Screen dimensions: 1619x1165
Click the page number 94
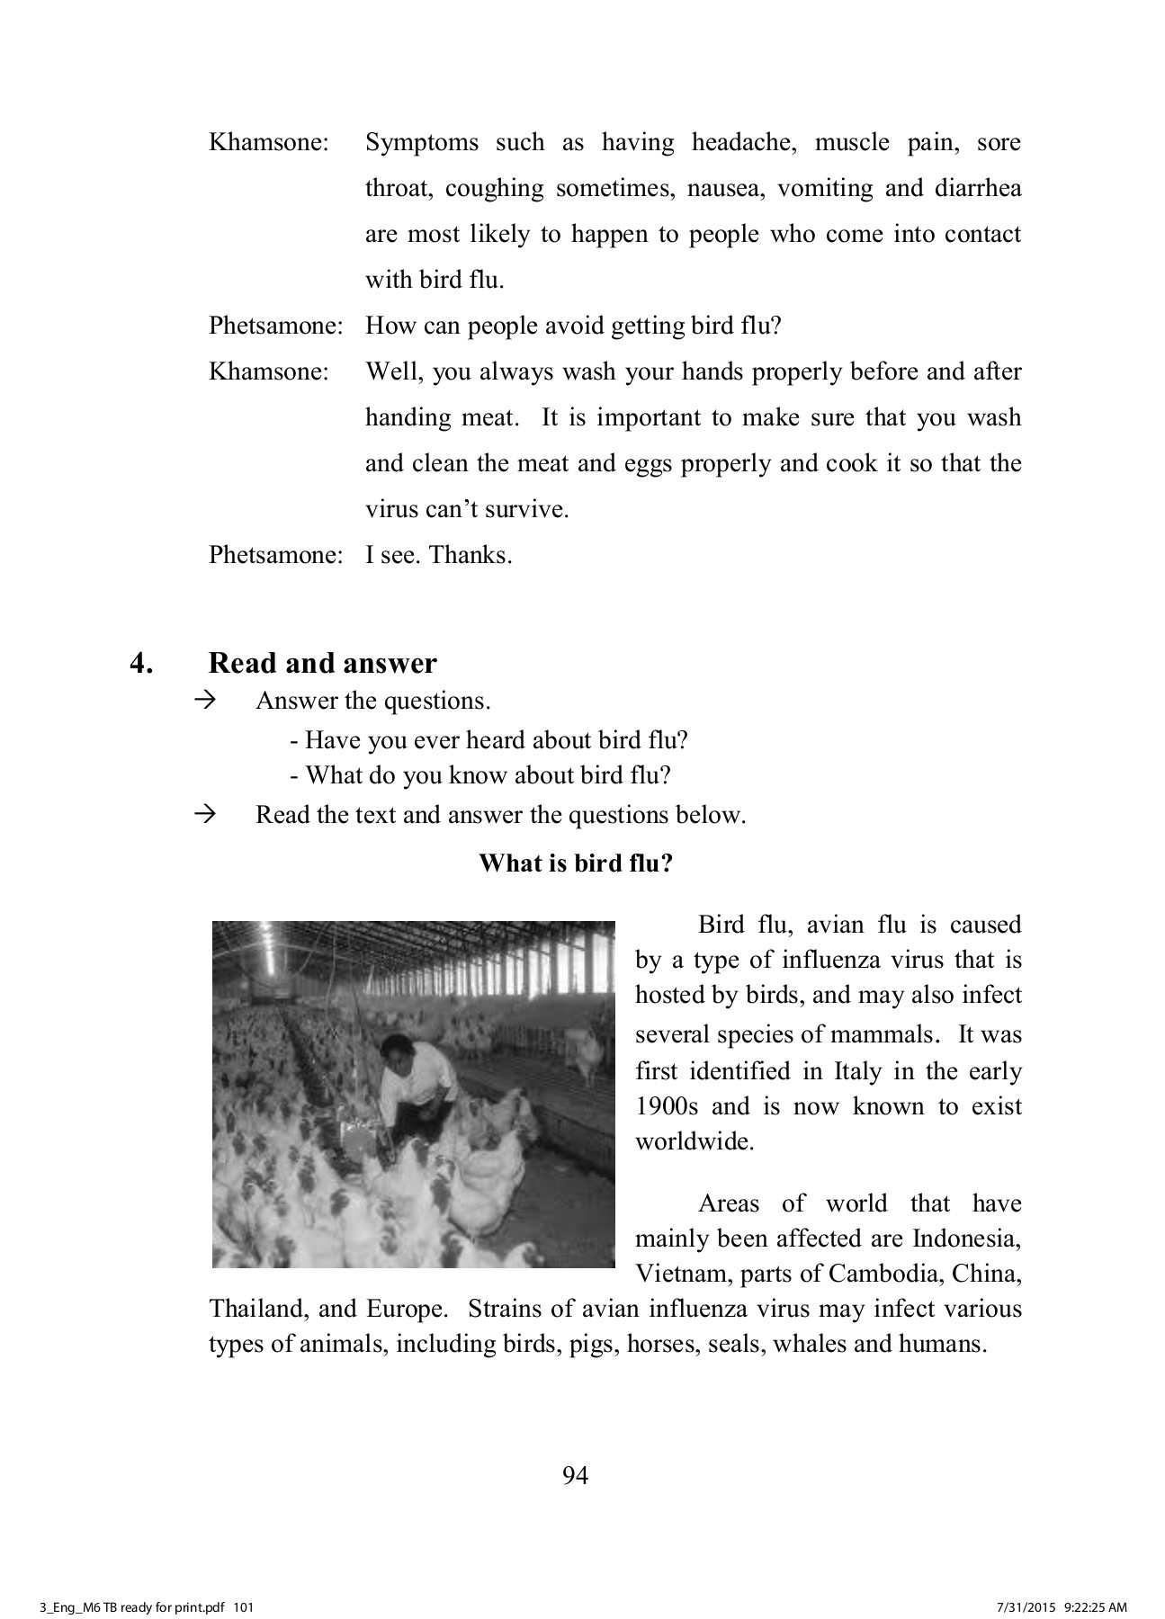(575, 1476)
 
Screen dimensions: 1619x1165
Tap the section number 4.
(141, 664)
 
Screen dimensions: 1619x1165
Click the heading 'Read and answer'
(322, 664)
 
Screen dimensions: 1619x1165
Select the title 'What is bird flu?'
(576, 863)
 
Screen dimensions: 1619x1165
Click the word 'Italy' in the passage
(856, 1071)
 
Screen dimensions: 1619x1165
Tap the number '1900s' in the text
(666, 1106)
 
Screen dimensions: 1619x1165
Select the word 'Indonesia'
(967, 1239)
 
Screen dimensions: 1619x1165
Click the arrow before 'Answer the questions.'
(206, 701)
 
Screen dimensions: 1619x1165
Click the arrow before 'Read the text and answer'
(206, 815)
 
